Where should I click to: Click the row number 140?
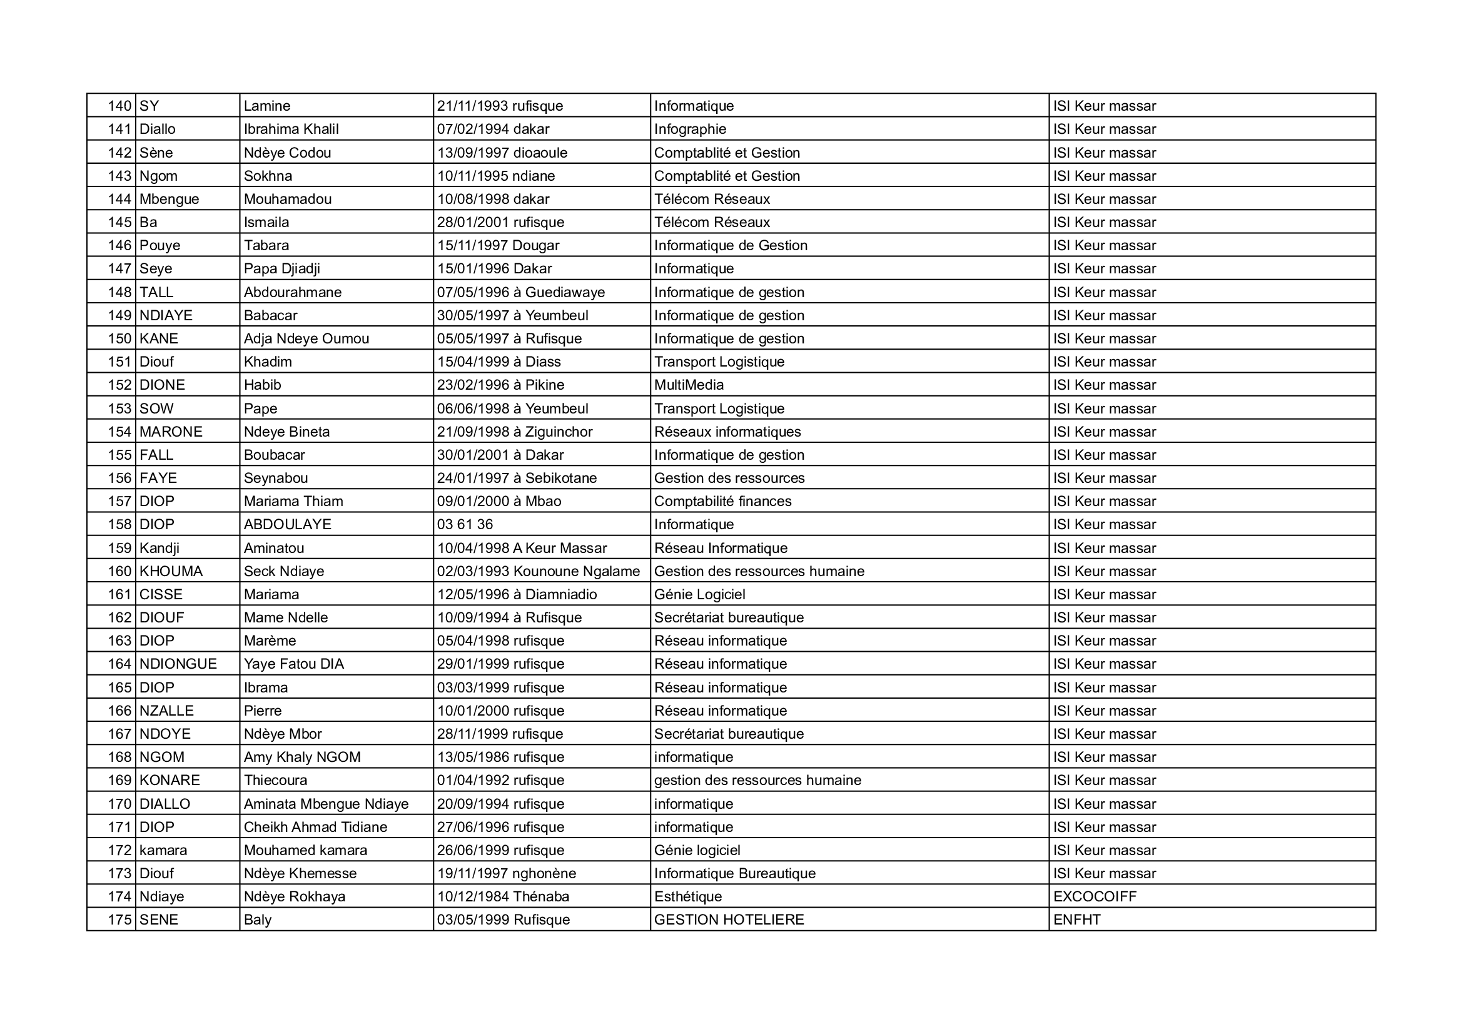pos(119,106)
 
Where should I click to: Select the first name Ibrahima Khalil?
pos(291,129)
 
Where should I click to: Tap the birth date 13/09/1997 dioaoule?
pos(502,153)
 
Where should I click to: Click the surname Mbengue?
pos(169,200)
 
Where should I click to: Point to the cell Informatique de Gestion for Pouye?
pos(730,246)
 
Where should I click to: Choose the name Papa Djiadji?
pos(281,269)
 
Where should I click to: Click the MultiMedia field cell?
pos(688,385)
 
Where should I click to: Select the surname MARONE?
pos(171,432)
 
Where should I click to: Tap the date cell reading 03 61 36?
pos(465,525)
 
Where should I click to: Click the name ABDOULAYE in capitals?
pos(287,525)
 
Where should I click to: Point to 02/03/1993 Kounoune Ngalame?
pos(538,572)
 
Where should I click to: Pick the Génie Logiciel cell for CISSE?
pos(699,595)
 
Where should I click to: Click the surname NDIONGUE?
pos(178,664)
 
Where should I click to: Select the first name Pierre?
pos(263,711)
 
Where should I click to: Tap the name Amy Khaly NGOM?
pos(302,758)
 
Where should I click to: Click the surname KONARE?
pos(170,781)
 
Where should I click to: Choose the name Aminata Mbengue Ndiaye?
pos(326,804)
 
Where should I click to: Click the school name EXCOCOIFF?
pos(1094,897)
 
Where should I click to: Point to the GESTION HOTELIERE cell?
pos(729,920)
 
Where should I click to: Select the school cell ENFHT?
pos(1076,920)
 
